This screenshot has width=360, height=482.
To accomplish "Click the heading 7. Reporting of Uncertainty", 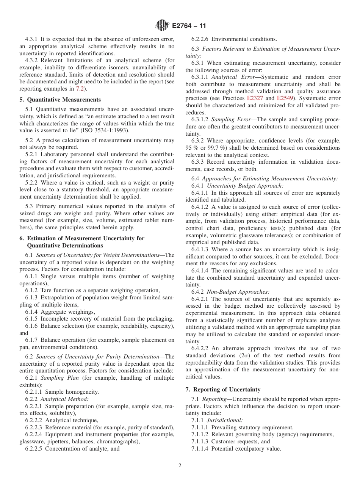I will click(223, 390).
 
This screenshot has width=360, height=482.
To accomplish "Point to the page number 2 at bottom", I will click(180, 466).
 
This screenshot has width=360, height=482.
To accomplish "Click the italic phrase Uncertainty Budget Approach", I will click(245, 186).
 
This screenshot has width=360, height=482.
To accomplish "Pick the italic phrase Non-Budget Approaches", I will click(238, 292).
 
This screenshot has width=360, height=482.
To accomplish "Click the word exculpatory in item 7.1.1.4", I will click(247, 449).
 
